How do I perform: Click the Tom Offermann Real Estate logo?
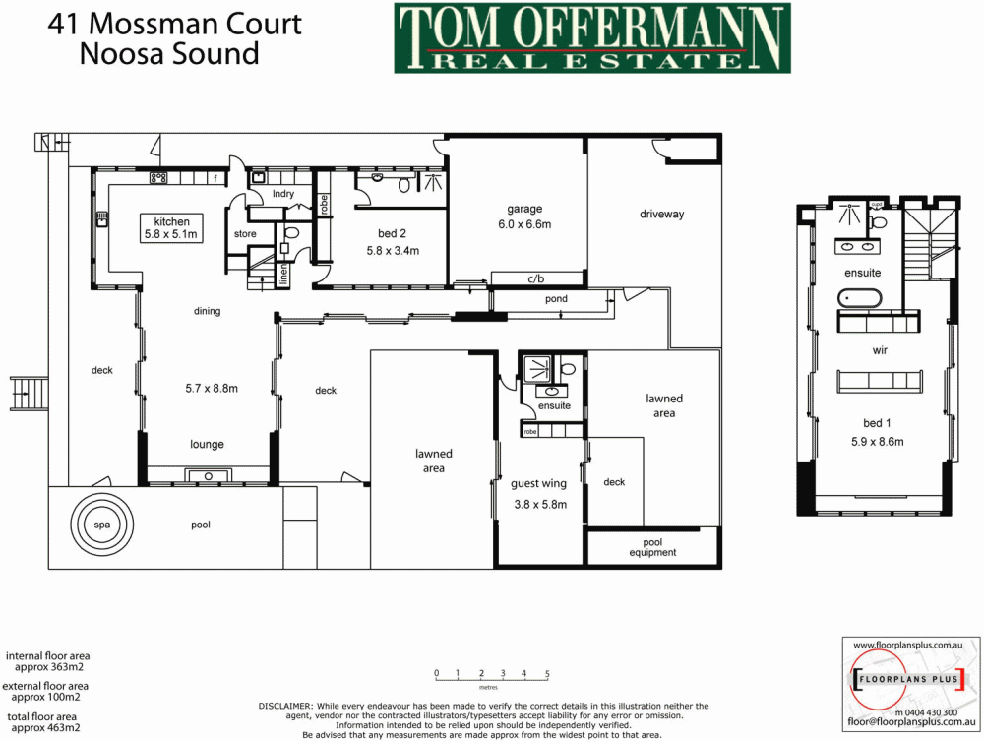(592, 37)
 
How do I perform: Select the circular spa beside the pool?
(102, 525)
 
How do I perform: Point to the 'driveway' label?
(661, 215)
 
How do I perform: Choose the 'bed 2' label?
(392, 234)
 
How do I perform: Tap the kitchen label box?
(171, 228)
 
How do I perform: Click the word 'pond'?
(556, 299)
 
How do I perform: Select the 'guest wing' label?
(538, 483)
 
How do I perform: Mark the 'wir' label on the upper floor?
(880, 348)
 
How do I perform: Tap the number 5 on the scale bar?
(547, 674)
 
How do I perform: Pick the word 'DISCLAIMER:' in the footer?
(285, 706)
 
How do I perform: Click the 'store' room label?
(245, 234)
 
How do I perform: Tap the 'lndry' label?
(283, 194)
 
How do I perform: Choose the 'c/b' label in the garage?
(537, 278)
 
